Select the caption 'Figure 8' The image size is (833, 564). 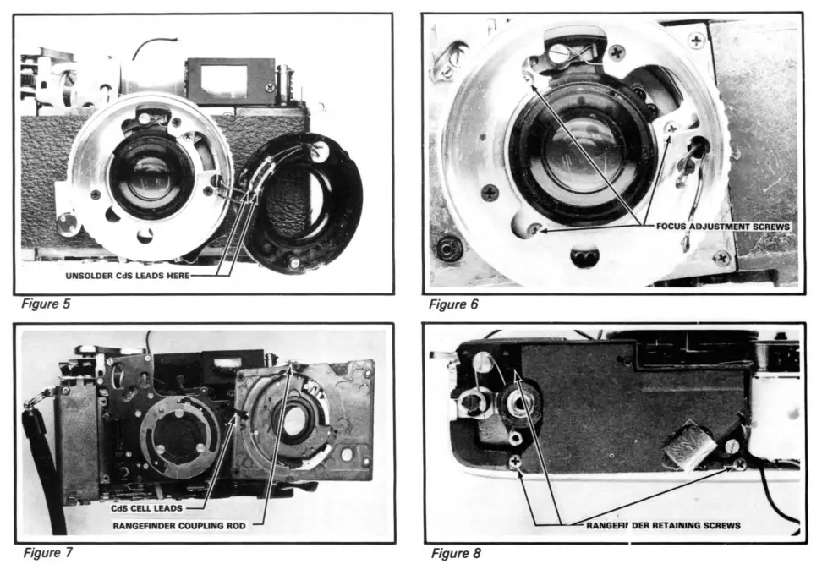pos(457,553)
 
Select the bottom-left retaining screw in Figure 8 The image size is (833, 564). pos(515,461)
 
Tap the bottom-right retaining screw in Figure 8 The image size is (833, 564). pos(740,463)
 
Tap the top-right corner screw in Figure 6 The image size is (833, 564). pos(696,40)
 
